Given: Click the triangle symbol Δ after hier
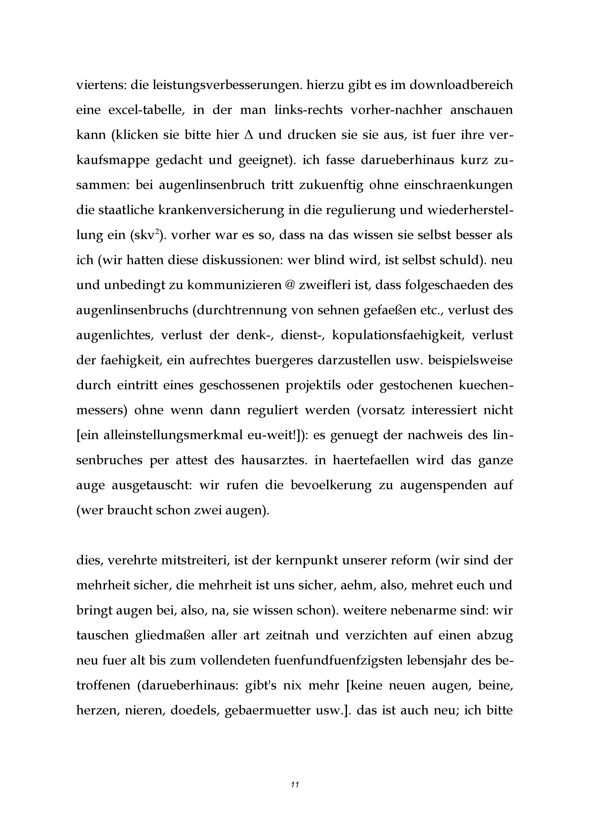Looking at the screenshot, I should point(248,135).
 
